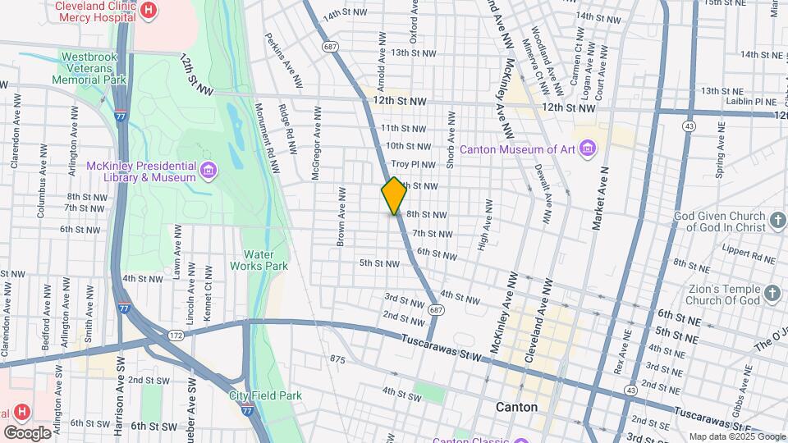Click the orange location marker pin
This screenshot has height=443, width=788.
coord(394,196)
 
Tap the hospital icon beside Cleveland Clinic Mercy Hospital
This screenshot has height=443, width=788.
coord(149,10)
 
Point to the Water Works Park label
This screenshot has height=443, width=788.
coord(265,260)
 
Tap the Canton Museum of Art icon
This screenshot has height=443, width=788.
coord(588,148)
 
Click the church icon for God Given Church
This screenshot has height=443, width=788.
coord(778,220)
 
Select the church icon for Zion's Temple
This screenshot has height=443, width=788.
coord(772,293)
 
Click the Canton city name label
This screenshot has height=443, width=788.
coord(517,407)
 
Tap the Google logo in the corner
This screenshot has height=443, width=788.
coord(27,432)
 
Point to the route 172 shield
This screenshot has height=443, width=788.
coord(176,337)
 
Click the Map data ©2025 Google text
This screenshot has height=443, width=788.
coord(736,436)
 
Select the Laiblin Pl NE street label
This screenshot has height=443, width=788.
coord(754,101)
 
